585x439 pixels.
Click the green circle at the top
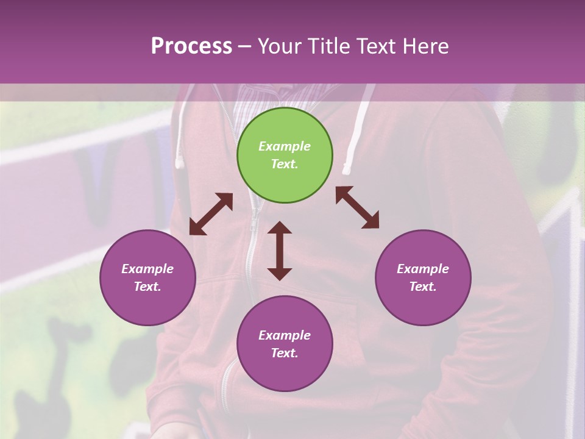pyautogui.click(x=285, y=155)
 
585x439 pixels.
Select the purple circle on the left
pyautogui.click(x=147, y=277)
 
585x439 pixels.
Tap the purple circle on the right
pyautogui.click(x=423, y=277)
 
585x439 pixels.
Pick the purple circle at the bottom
pyautogui.click(x=285, y=344)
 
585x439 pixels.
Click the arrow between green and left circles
pyautogui.click(x=211, y=214)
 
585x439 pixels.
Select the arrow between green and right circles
pyautogui.click(x=358, y=207)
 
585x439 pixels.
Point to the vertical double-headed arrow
pyautogui.click(x=280, y=251)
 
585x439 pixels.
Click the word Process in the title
pyautogui.click(x=191, y=46)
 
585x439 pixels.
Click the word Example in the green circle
pyautogui.click(x=285, y=146)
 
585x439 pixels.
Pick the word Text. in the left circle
pyautogui.click(x=147, y=287)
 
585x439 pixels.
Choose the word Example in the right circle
pyautogui.click(x=423, y=269)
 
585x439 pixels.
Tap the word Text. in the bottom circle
pyautogui.click(x=285, y=353)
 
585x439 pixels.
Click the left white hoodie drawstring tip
pyautogui.click(x=180, y=161)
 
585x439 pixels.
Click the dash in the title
pyautogui.click(x=245, y=47)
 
